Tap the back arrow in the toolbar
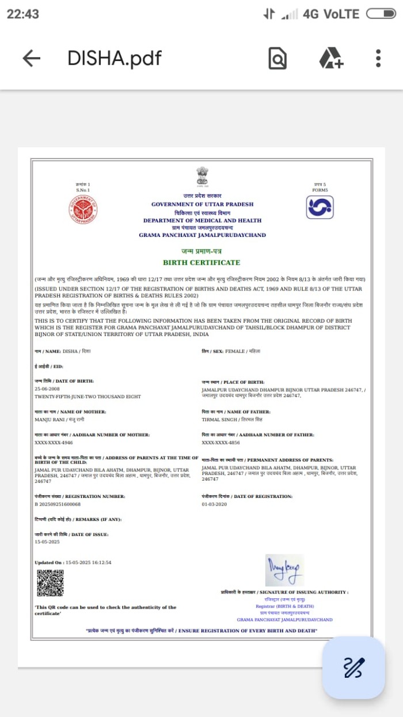[31, 58]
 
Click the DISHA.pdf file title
[115, 58]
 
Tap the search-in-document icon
[277, 58]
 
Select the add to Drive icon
[331, 58]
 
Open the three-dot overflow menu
[378, 58]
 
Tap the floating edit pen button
[353, 667]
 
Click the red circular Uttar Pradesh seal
[83, 209]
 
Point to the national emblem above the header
[202, 175]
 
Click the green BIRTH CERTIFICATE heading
[201, 262]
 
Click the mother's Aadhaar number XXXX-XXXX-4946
[54, 443]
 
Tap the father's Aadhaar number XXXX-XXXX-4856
[220, 443]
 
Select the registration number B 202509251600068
[58, 504]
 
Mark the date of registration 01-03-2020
[214, 504]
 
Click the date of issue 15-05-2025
[47, 542]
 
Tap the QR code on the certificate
[50, 583]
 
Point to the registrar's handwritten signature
[284, 570]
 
